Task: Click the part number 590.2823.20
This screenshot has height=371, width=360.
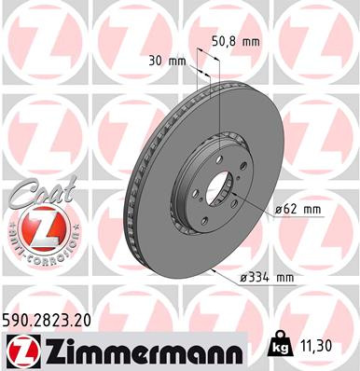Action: (x=53, y=319)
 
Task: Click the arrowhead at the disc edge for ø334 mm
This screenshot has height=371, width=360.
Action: (x=215, y=269)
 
